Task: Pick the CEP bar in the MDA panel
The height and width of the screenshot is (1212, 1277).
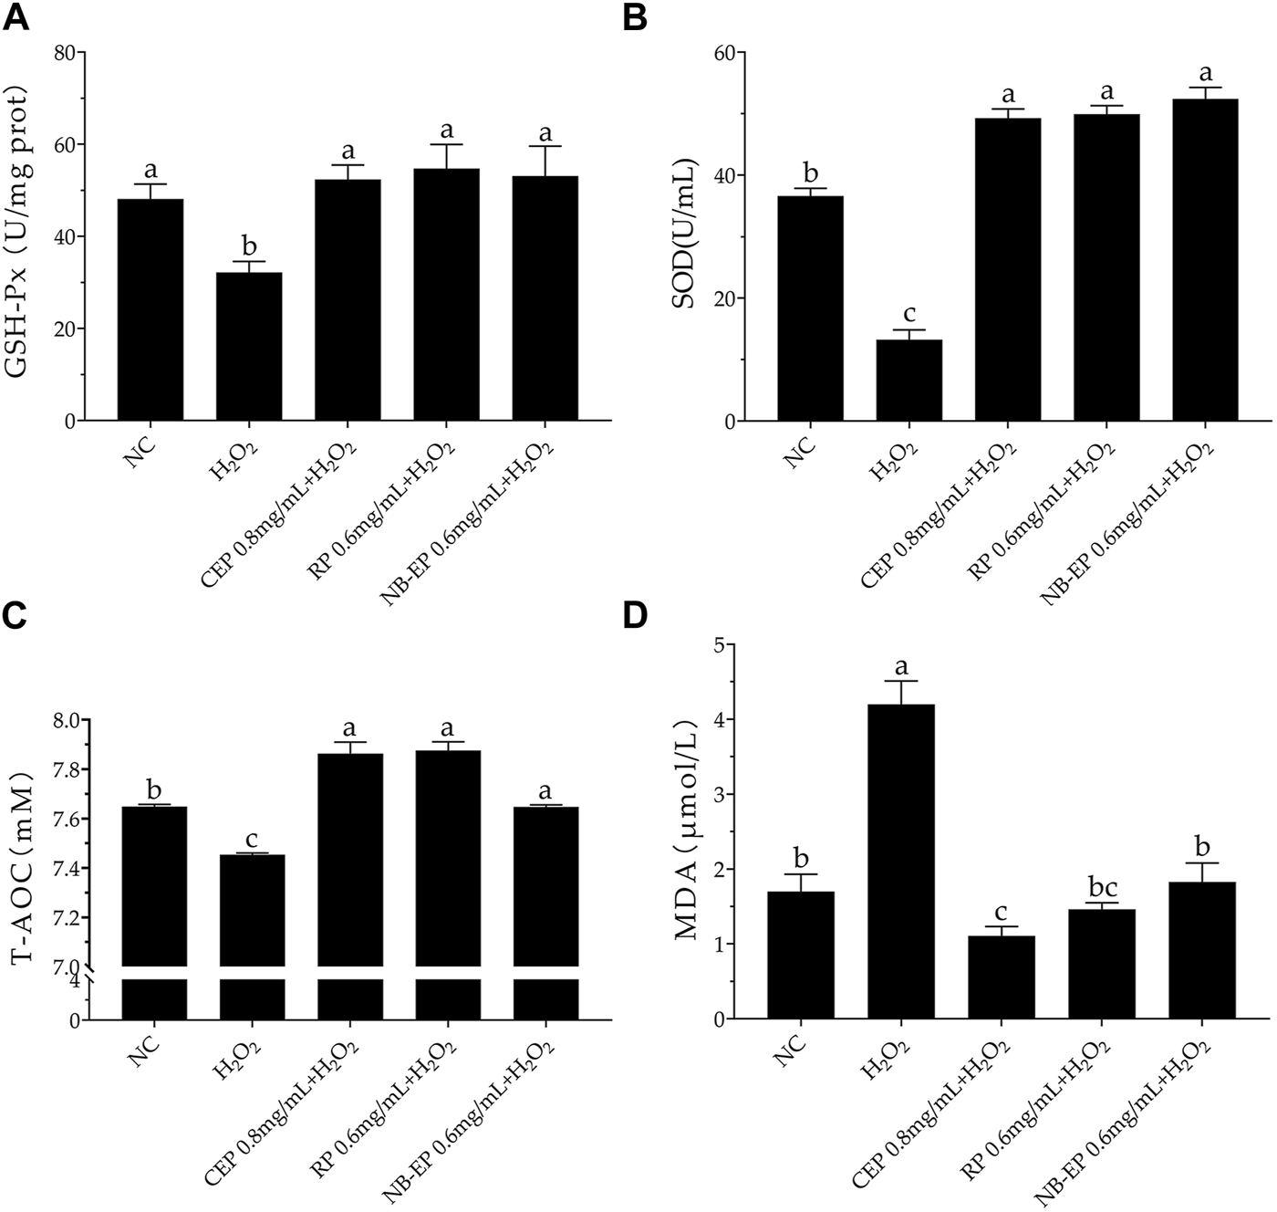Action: pos(1002,977)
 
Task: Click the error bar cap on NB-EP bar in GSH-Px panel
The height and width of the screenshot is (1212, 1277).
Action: pos(545,146)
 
